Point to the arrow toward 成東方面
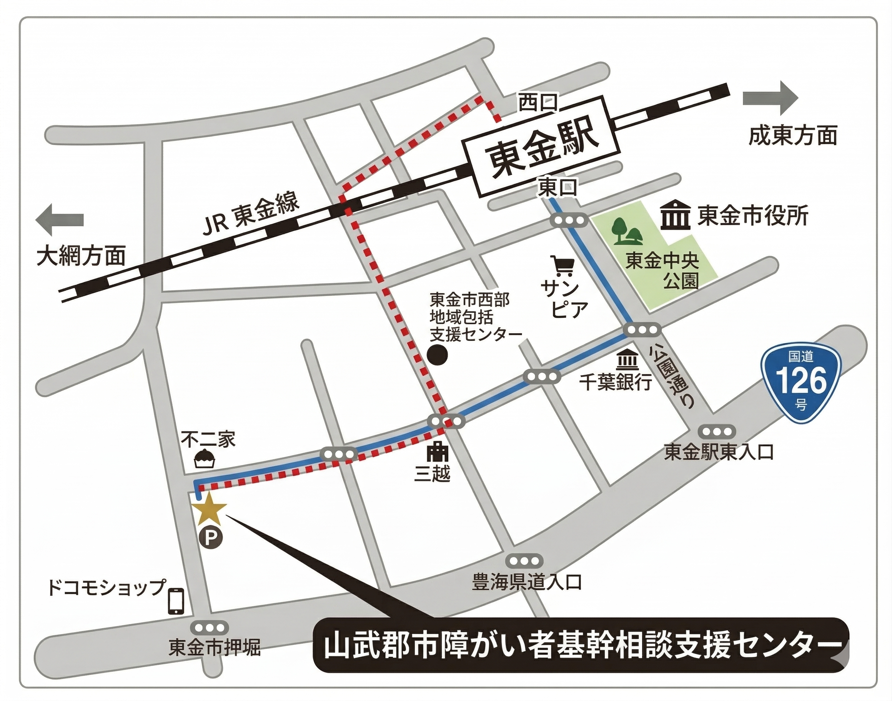pyautogui.click(x=770, y=98)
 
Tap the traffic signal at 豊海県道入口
pyautogui.click(x=524, y=561)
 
